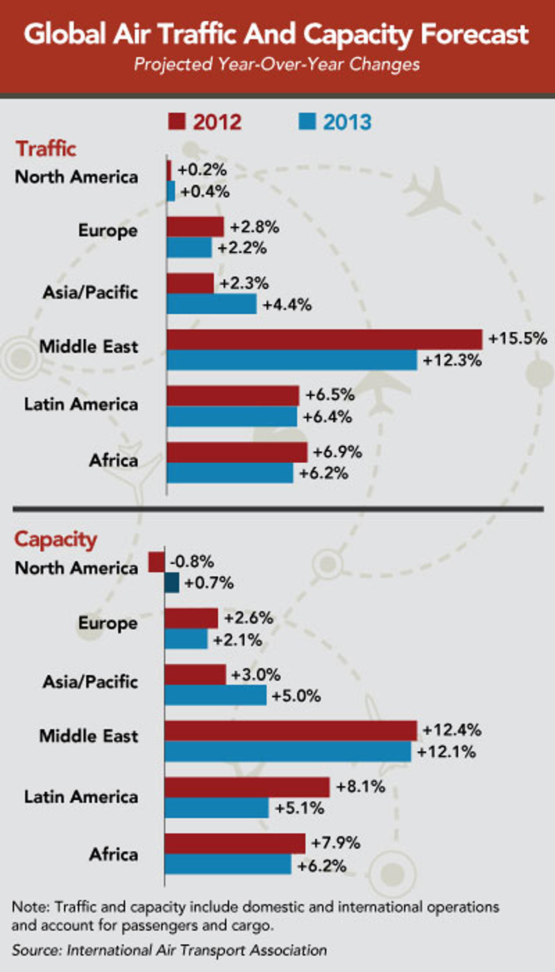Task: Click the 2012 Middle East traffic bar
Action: (x=324, y=339)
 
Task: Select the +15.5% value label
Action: (x=518, y=338)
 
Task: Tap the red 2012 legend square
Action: (x=176, y=121)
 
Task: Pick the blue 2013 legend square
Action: (x=307, y=121)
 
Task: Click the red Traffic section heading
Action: (x=46, y=149)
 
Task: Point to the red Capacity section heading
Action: (x=55, y=539)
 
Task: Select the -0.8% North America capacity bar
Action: (x=156, y=562)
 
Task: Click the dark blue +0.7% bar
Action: (x=172, y=583)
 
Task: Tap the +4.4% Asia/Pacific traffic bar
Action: (x=211, y=304)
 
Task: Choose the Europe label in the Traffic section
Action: (x=108, y=231)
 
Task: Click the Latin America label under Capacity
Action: (x=81, y=797)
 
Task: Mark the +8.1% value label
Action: (x=360, y=786)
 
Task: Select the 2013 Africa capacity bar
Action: (x=228, y=864)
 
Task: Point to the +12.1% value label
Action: (x=446, y=752)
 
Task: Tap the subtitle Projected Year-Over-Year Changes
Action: (x=277, y=64)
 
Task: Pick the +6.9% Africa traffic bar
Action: (x=237, y=452)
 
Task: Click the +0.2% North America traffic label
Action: (x=202, y=170)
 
